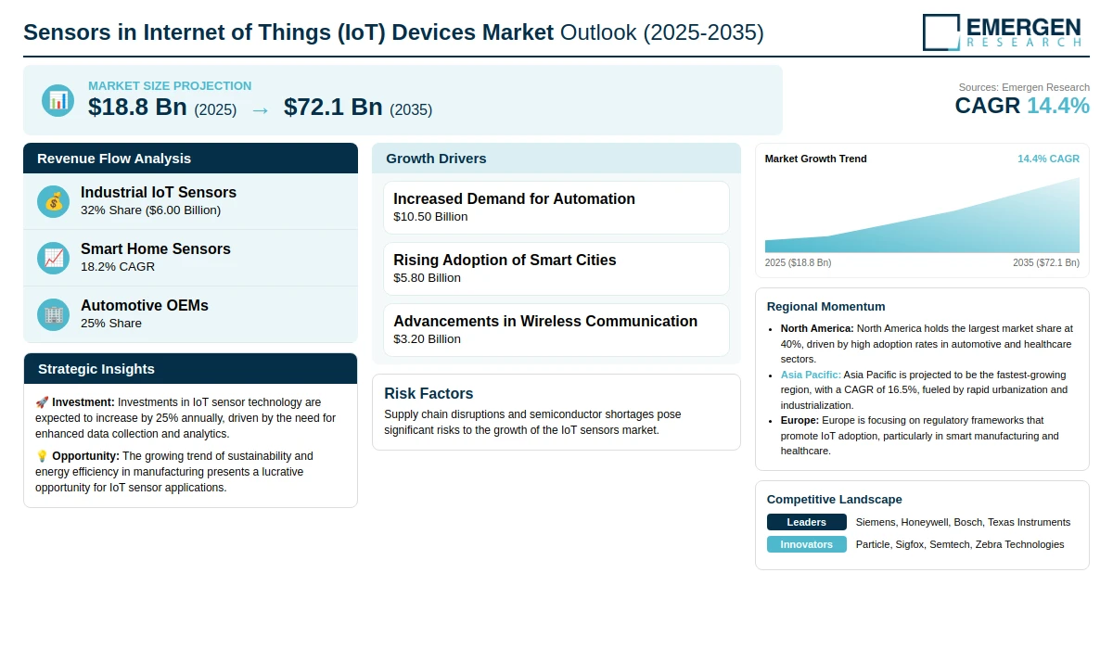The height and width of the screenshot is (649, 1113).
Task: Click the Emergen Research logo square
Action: pyautogui.click(x=941, y=32)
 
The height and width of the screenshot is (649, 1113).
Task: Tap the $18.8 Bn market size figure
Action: pyautogui.click(x=137, y=107)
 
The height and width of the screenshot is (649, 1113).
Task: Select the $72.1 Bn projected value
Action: pyautogui.click(x=333, y=107)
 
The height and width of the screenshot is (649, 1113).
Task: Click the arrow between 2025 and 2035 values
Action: pyautogui.click(x=261, y=110)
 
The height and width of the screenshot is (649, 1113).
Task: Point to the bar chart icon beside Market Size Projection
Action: pyautogui.click(x=58, y=101)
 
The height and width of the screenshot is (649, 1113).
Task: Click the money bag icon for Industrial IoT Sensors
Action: pyautogui.click(x=53, y=201)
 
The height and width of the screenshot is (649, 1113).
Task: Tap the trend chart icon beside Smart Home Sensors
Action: pyautogui.click(x=53, y=259)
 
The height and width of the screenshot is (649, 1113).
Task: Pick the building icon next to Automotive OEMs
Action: pyautogui.click(x=53, y=315)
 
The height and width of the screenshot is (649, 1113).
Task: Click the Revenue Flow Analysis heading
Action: pyautogui.click(x=114, y=159)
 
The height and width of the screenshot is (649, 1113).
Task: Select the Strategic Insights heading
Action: pyautogui.click(x=96, y=369)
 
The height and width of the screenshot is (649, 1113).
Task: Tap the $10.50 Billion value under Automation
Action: pyautogui.click(x=430, y=217)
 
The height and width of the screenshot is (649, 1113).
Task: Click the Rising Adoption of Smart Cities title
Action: pyautogui.click(x=505, y=260)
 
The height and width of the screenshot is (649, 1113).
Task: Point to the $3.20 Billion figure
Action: pyautogui.click(x=427, y=339)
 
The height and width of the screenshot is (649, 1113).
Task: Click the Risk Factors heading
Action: pyautogui.click(x=429, y=393)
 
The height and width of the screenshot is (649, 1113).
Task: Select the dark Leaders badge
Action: pyautogui.click(x=806, y=522)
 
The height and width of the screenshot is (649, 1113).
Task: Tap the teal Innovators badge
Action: pyautogui.click(x=806, y=544)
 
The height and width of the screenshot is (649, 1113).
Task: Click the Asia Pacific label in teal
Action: pyautogui.click(x=811, y=375)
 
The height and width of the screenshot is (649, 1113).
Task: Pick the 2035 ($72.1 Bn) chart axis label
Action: pyautogui.click(x=1046, y=262)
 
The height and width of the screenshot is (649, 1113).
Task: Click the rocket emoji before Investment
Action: pyautogui.click(x=42, y=402)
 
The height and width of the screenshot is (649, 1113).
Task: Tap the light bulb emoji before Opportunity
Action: pyautogui.click(x=42, y=456)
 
